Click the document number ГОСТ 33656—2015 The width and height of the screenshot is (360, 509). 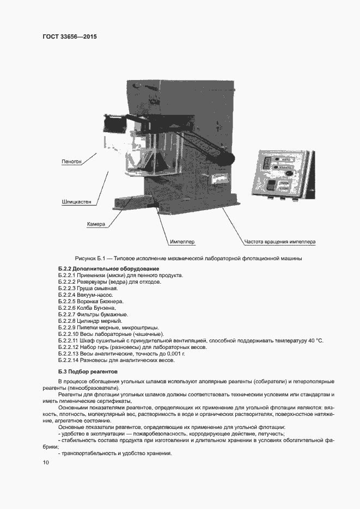tap(65, 37)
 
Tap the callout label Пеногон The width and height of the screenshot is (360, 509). tap(72, 162)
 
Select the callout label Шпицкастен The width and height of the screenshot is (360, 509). tap(76, 202)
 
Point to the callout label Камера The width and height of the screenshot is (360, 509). tap(96, 224)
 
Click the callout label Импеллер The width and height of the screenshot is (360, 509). tap(182, 241)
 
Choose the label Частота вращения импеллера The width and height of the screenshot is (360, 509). tap(279, 241)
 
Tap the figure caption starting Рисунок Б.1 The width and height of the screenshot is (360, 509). tap(188, 258)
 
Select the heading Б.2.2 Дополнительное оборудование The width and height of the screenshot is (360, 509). tap(108, 269)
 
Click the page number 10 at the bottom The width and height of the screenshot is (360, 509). tap(46, 462)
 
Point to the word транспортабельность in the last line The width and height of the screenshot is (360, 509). tap(87, 453)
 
